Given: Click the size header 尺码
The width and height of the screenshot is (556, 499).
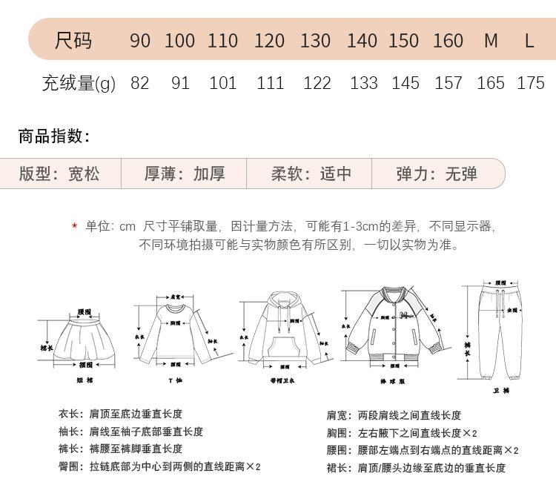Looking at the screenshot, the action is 73,40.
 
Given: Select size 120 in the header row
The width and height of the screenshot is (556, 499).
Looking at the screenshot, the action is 269,41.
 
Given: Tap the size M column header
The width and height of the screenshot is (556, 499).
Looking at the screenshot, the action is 491,41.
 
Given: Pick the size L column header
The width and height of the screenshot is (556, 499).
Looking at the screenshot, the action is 529,41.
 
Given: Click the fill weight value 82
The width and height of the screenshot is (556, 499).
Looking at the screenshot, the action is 139,83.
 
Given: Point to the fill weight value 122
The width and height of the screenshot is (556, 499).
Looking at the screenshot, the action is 317,83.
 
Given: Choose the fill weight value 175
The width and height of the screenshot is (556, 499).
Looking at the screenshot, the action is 531,83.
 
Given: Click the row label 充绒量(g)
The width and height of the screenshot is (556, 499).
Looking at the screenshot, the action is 79,83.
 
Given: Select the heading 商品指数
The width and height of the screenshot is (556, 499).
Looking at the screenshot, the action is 54,136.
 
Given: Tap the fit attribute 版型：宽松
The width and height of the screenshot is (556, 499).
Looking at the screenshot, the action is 59,174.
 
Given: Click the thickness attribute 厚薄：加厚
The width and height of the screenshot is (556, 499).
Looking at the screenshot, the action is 185,174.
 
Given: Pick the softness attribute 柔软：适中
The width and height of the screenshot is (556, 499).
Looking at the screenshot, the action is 311,174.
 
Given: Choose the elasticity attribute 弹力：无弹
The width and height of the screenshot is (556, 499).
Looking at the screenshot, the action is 437,174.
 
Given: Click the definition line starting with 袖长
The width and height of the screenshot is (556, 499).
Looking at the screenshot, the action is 131,432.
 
